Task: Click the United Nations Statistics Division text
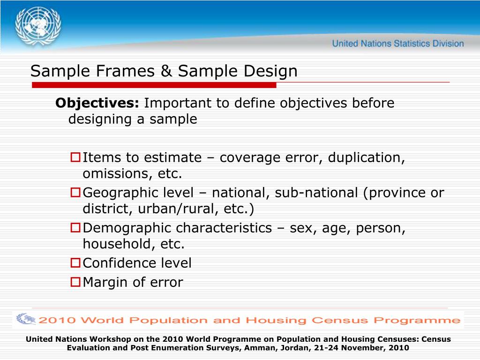point(398,44)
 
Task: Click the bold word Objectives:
point(97,103)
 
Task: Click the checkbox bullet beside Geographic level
point(75,192)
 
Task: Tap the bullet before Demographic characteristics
point(75,228)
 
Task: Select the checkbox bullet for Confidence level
point(75,263)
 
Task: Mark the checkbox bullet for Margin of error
point(75,282)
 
